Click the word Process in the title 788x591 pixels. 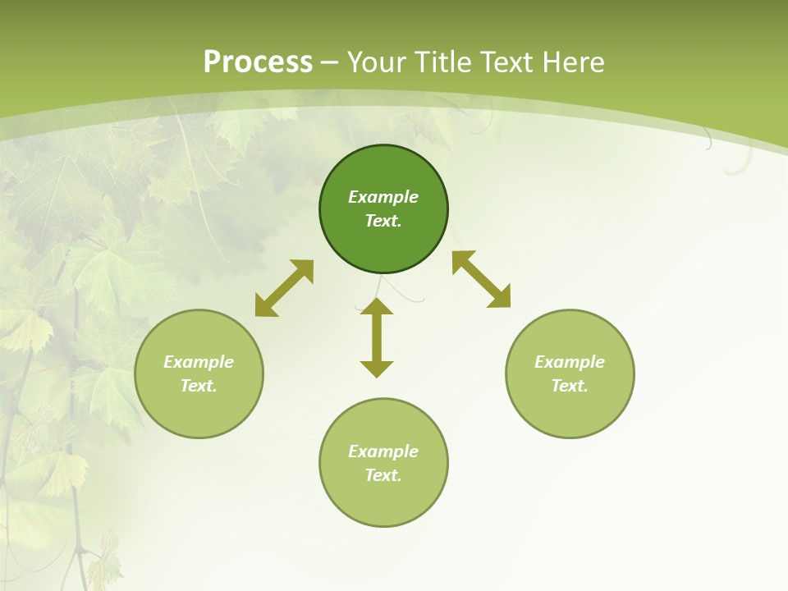(258, 62)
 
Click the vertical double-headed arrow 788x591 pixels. (377, 337)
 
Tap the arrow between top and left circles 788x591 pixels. (284, 288)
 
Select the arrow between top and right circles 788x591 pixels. (481, 279)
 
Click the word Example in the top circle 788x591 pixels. (383, 197)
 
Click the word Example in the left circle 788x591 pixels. (199, 362)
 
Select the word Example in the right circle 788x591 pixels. (570, 362)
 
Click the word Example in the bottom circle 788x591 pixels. (383, 451)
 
